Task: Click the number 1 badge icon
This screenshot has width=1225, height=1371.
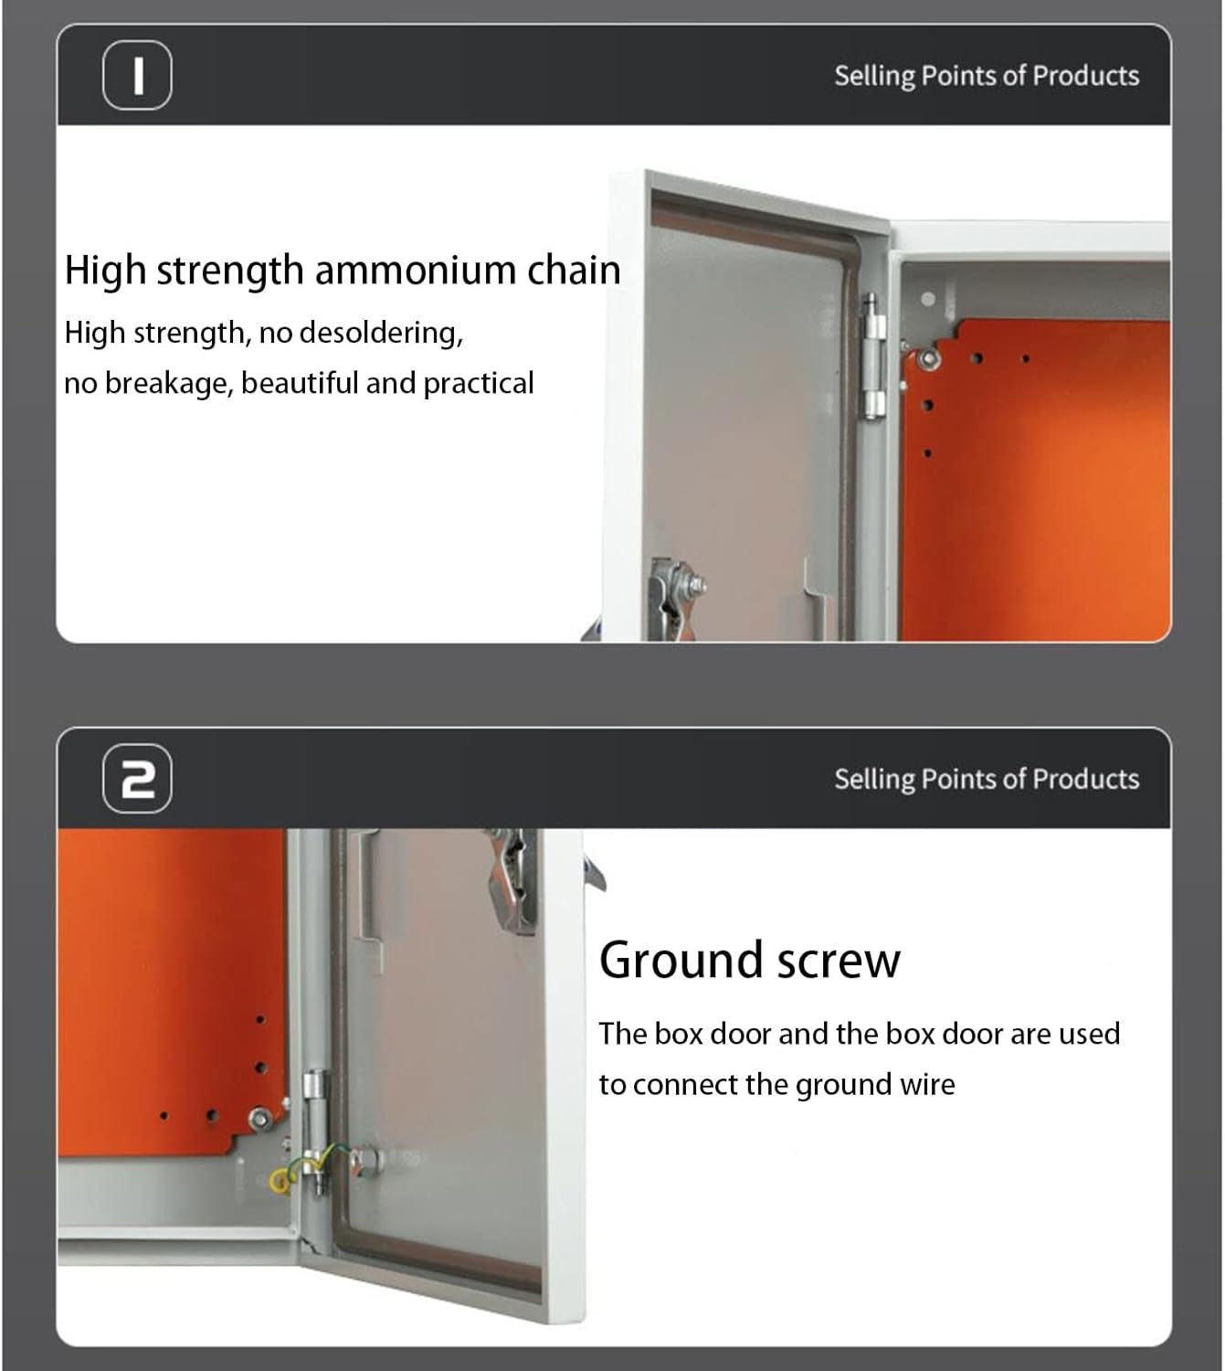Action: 137,75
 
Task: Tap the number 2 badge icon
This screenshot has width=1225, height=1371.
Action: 137,779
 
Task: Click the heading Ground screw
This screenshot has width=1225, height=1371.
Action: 749,961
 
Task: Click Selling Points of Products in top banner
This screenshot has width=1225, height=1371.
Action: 986,75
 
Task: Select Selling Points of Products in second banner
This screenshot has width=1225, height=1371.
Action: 986,779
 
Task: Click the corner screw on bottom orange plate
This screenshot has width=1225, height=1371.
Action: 259,1117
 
